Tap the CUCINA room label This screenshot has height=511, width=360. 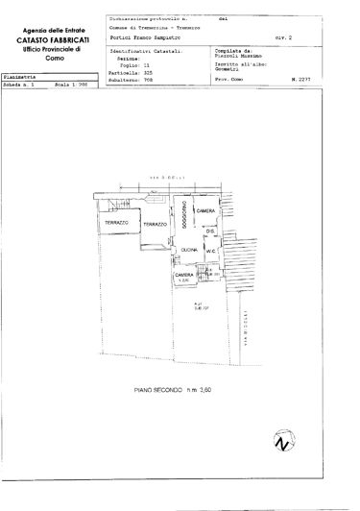[187, 250]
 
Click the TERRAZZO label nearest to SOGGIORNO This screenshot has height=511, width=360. [156, 223]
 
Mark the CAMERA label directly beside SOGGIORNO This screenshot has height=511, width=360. [204, 210]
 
